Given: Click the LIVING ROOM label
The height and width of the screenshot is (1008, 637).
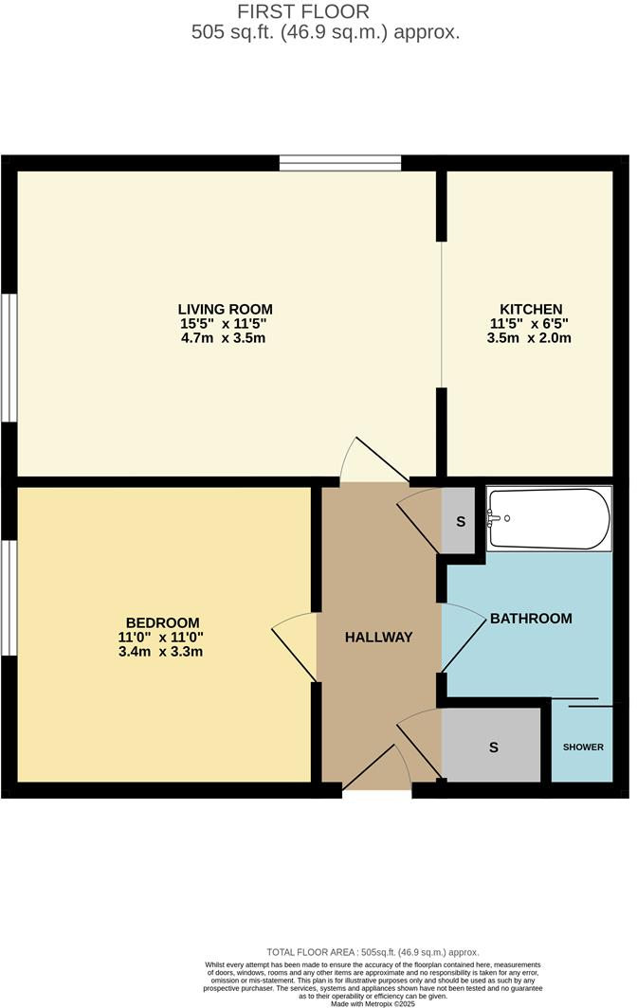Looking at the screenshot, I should click(226, 309).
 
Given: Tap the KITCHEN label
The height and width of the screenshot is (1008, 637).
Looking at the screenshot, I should click(531, 309).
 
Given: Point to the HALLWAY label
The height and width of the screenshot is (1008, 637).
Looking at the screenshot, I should click(379, 637).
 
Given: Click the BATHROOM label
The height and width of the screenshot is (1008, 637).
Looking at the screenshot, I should click(531, 619).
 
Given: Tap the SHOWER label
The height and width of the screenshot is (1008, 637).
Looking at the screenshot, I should click(583, 747).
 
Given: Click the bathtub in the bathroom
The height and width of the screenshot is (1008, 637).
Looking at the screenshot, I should click(548, 518).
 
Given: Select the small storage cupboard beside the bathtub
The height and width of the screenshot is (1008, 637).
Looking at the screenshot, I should click(461, 521).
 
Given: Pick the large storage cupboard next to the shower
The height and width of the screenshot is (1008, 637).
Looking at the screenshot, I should click(493, 747).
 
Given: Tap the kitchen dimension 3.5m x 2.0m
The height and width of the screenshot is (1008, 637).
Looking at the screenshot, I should click(531, 338).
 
